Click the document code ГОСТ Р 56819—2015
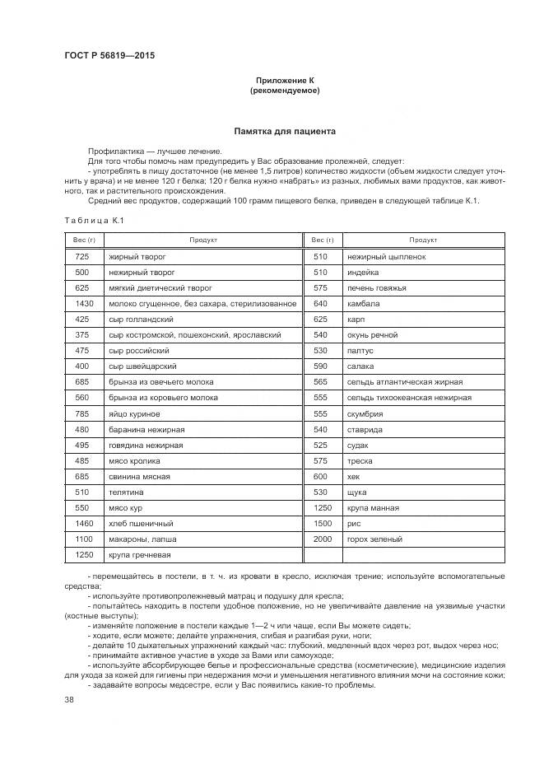109,56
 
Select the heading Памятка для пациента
285,131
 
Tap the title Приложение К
285,80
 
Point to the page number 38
68,699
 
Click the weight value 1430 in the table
82,304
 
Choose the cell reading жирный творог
137,257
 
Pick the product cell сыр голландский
141,320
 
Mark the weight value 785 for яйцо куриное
81,413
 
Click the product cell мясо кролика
135,460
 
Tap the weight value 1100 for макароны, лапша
82,539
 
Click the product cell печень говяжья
378,288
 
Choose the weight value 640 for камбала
321,304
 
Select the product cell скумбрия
366,413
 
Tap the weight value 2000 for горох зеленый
322,539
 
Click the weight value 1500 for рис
322,523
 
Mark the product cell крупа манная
375,507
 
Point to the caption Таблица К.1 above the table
93,220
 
